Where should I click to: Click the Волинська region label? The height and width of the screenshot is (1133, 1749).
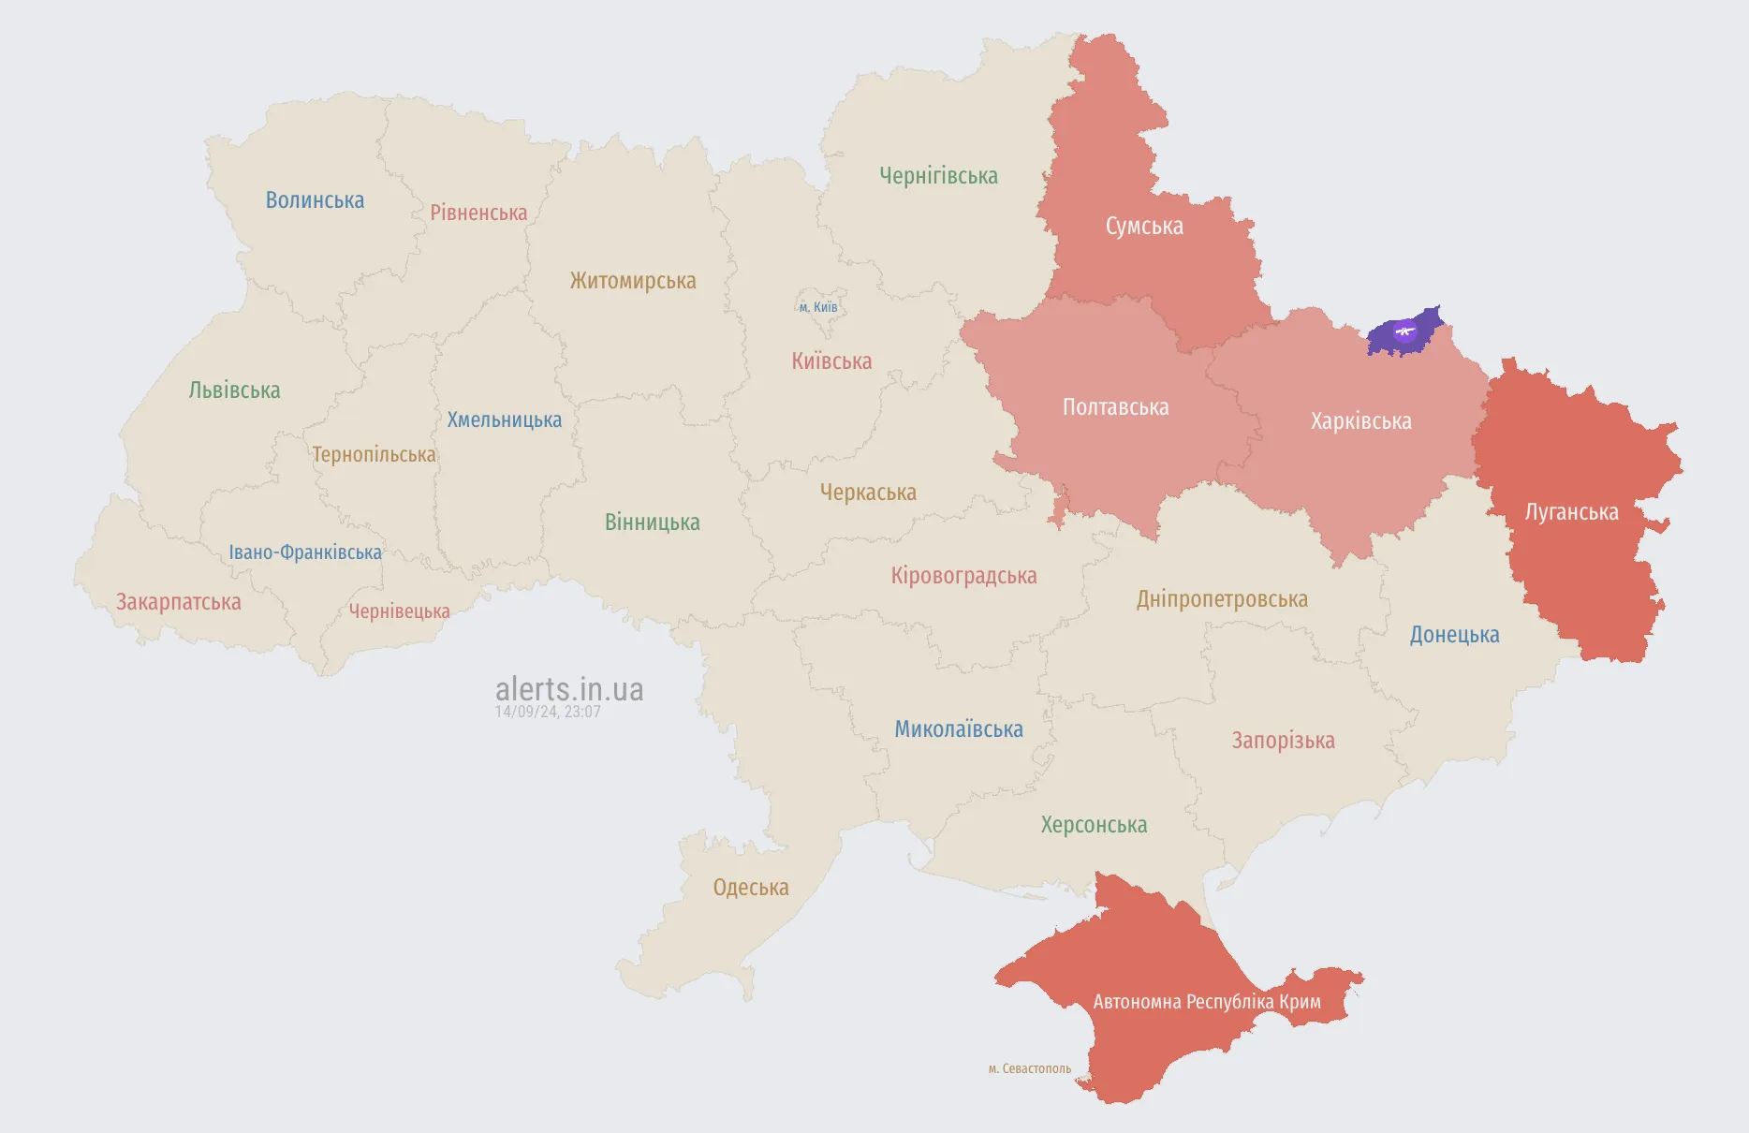point(315,200)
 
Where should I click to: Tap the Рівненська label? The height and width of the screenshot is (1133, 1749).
point(478,213)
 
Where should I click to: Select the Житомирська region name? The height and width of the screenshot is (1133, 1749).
point(633,281)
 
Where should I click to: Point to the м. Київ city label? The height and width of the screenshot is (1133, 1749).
point(818,307)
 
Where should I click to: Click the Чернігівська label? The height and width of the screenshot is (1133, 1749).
point(938,176)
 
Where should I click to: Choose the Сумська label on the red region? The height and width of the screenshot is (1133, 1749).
point(1144,227)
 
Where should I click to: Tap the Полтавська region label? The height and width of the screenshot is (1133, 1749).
point(1115,407)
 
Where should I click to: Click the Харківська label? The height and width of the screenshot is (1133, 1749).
point(1360,421)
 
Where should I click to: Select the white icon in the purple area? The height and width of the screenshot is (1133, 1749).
point(1404,331)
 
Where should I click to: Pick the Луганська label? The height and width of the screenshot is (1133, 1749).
point(1571,512)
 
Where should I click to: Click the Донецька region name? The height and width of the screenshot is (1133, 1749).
point(1454,635)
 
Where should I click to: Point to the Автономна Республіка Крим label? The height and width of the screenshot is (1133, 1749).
point(1207,1002)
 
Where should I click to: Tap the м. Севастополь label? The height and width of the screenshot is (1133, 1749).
point(1030,1068)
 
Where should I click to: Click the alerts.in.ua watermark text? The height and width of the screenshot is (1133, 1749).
point(569,689)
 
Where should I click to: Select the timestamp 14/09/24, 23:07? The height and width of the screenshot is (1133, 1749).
point(548,712)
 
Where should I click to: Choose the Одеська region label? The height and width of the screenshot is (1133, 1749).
point(751,888)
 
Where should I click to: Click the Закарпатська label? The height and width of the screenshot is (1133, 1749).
point(179,602)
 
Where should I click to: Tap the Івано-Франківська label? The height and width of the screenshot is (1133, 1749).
point(305,552)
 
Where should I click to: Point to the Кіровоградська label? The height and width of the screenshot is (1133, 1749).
point(963,576)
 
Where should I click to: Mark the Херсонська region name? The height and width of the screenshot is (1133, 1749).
point(1094,825)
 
